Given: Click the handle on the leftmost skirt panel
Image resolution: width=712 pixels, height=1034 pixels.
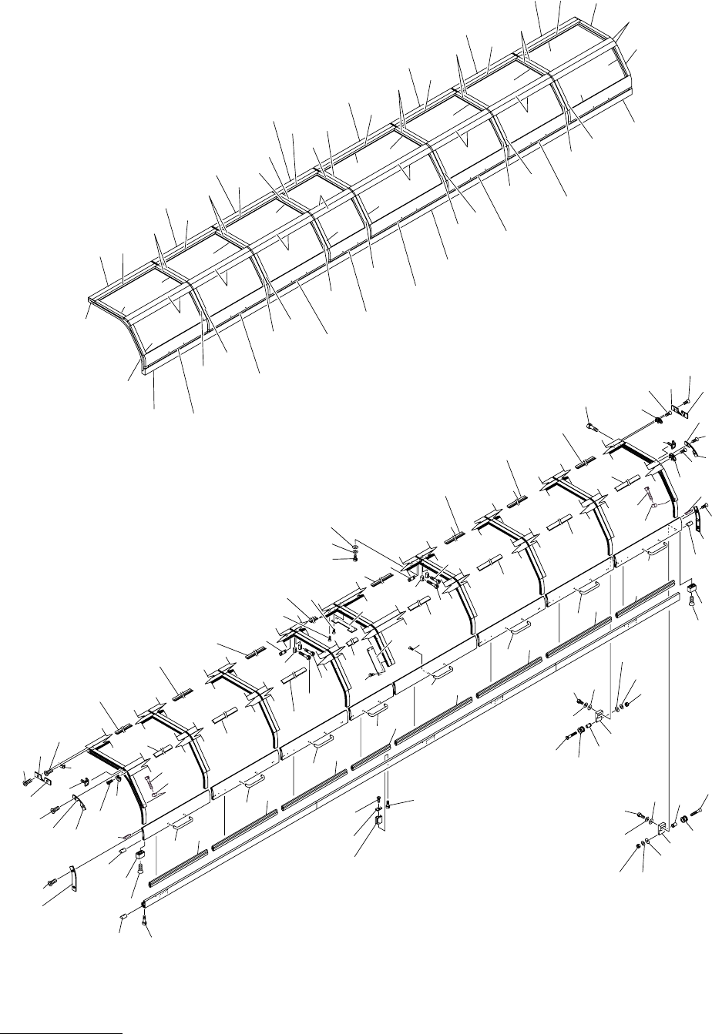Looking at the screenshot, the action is tap(180, 822).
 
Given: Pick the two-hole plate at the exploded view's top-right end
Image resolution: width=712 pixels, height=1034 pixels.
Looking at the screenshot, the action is tap(680, 410).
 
